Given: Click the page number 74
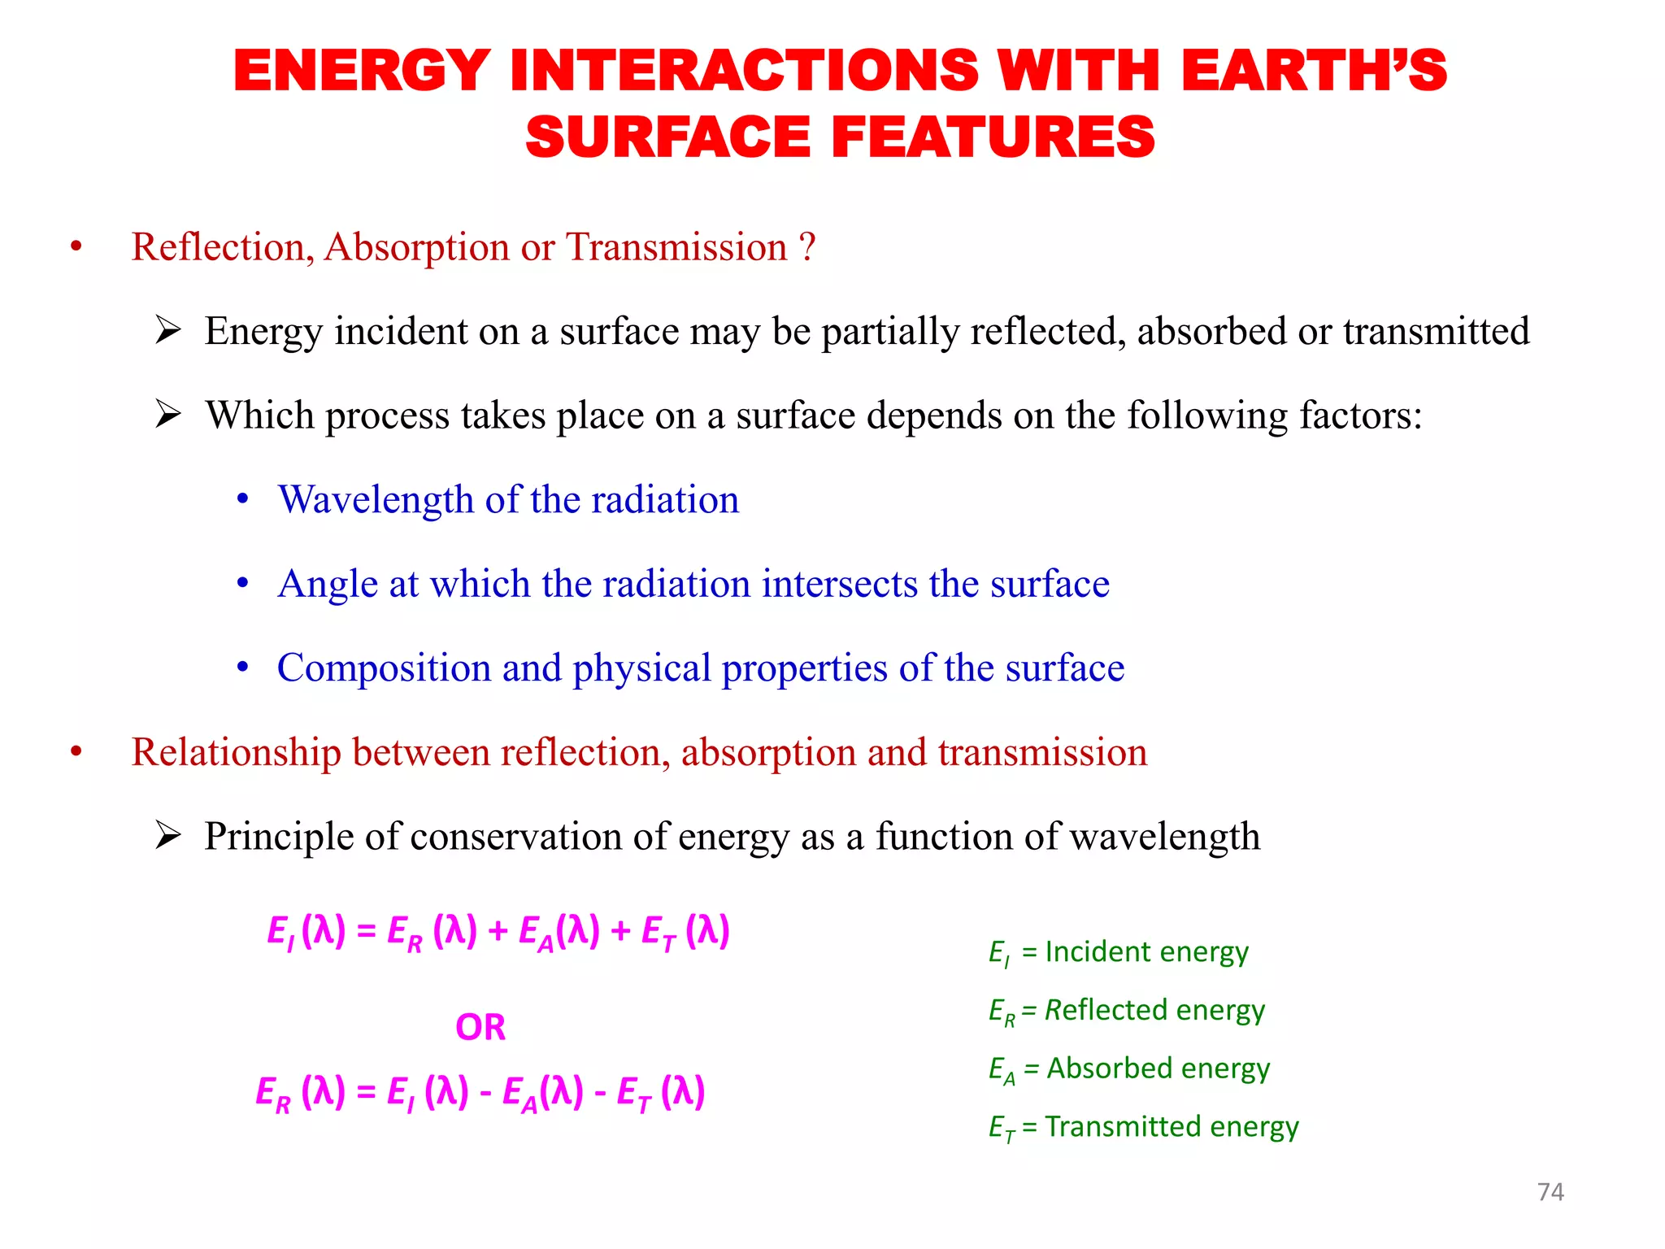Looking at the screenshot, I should pos(1550,1191).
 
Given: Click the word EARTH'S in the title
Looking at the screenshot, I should pos(1314,71).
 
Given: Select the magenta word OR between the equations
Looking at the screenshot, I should pos(480,1027).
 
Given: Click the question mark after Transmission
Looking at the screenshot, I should pos(806,246).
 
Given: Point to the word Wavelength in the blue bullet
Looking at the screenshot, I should pos(376,499).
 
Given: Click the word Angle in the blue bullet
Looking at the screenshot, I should pos(328,584).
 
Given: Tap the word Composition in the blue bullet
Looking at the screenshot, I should pos(384,668).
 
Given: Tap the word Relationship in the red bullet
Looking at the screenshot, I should pos(236,752).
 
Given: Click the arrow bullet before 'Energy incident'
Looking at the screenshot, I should pos(167,331).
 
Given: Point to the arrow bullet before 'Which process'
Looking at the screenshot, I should pos(167,415).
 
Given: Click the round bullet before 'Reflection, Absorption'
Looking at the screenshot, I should pos(76,247).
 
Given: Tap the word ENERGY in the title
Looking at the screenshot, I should pos(362,71).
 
